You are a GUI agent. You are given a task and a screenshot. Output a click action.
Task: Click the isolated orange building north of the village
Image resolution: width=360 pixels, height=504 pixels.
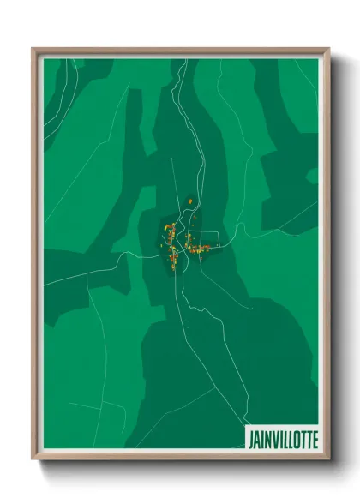pos(190,201)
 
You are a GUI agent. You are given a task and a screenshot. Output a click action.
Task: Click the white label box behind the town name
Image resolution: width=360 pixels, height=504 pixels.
pos(282,439)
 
